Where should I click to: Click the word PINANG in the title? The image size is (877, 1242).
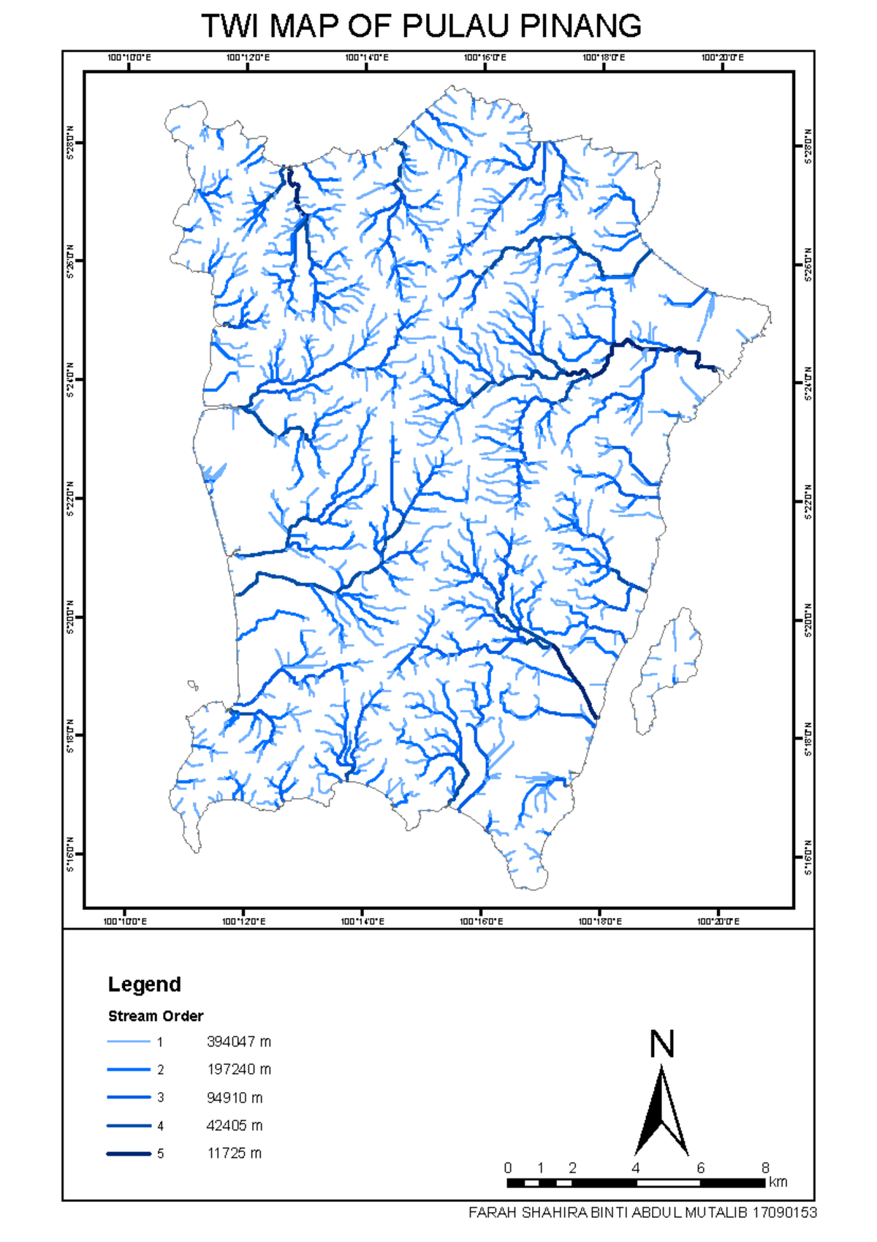click(580, 26)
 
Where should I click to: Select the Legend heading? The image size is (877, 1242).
click(144, 985)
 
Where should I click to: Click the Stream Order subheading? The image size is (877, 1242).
click(156, 1016)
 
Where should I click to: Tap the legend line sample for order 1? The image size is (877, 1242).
click(129, 1042)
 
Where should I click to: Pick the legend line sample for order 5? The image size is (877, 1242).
click(129, 1153)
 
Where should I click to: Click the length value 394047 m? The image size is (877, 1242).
click(238, 1042)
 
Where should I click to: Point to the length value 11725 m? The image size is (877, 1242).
click(234, 1153)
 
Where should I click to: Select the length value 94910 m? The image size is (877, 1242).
click(234, 1098)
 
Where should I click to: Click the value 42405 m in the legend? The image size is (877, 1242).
click(234, 1126)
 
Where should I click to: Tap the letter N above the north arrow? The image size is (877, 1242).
click(662, 1045)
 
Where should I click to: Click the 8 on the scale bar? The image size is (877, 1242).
click(765, 1168)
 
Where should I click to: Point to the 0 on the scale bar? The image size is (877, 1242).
click(508, 1168)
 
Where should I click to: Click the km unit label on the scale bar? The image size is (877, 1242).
click(778, 1182)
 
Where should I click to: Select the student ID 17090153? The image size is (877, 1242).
click(784, 1213)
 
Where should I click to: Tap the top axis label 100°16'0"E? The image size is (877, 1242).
click(485, 58)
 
